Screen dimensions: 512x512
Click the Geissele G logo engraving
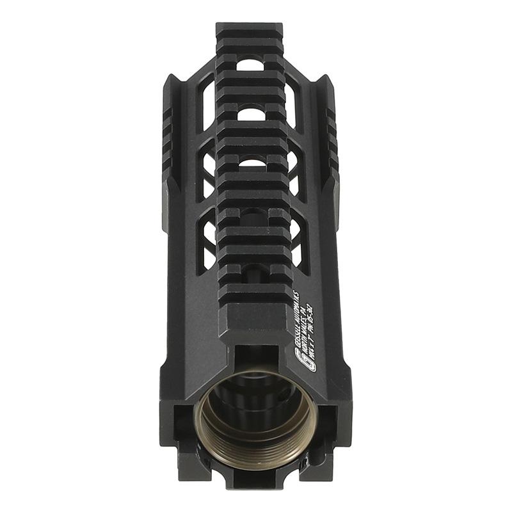(x=307, y=360)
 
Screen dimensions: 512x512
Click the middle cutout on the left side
(x=209, y=173)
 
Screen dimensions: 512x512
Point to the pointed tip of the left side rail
(x=172, y=78)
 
